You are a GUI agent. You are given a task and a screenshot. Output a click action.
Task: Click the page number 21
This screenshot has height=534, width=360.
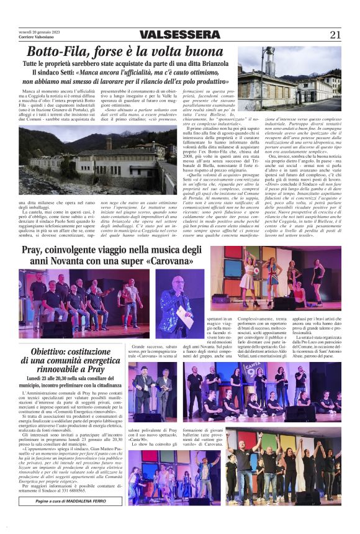(335, 34)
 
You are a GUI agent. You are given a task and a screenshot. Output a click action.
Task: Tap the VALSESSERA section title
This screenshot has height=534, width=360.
(179, 35)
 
